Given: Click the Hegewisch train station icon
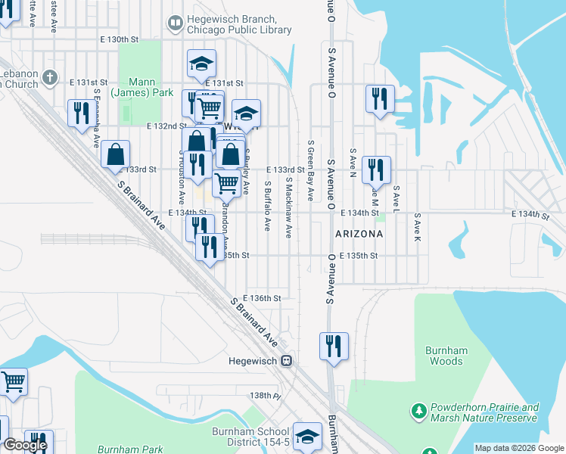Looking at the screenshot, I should [x=287, y=360].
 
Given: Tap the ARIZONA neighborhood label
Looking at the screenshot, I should [x=359, y=235].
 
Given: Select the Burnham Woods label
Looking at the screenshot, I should [x=443, y=356].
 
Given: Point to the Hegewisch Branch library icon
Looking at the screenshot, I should [x=176, y=24].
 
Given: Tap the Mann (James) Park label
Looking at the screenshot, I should [x=132, y=87].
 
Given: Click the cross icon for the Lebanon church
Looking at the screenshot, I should [x=50, y=77].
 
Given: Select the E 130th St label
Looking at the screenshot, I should [x=120, y=39].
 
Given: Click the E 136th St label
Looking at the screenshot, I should [x=263, y=299].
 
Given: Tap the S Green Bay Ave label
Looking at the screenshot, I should [x=310, y=170].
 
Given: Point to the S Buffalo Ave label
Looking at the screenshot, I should [x=267, y=205].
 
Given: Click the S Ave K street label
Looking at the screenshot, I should [x=416, y=227].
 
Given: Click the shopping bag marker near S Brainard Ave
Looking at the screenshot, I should [x=115, y=154].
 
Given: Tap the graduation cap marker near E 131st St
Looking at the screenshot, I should [x=201, y=64].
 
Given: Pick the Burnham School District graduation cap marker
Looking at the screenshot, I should [x=307, y=436].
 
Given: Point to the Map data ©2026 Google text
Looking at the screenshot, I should [x=518, y=448].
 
